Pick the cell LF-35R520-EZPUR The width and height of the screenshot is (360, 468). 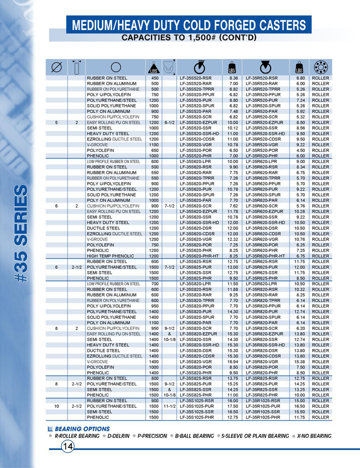(x=264, y=122)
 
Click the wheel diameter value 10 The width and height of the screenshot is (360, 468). (x=57, y=406)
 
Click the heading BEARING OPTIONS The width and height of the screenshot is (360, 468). (x=82, y=429)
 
